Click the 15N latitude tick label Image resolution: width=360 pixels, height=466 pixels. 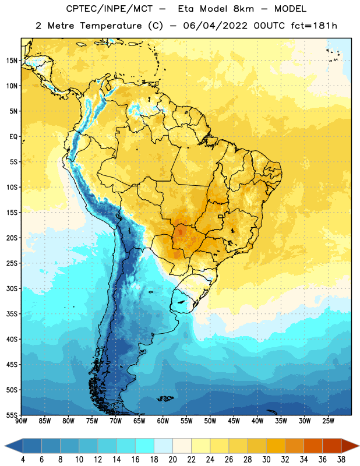[x=12, y=61]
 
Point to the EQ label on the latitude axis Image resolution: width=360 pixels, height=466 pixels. [x=13, y=137]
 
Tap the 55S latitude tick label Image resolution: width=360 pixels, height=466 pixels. [x=12, y=415]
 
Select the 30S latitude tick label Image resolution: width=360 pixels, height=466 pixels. [x=12, y=288]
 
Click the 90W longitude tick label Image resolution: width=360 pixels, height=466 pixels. [x=21, y=421]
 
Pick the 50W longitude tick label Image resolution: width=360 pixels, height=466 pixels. [x=210, y=421]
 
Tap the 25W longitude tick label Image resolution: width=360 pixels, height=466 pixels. [x=328, y=421]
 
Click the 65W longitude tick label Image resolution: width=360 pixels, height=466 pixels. [x=139, y=421]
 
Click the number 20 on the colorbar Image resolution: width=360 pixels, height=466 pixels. [x=172, y=460]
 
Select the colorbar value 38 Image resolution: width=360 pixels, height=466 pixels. [x=341, y=460]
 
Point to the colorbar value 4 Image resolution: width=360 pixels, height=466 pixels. [x=23, y=460]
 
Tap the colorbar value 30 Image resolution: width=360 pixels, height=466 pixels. [x=266, y=460]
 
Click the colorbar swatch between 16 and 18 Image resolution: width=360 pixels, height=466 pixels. [x=144, y=446]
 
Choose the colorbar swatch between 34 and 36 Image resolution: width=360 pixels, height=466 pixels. [x=313, y=446]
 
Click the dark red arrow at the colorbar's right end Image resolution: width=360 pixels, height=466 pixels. [x=350, y=446]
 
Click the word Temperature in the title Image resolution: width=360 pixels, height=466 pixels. [x=111, y=26]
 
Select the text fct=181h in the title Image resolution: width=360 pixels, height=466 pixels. [x=314, y=26]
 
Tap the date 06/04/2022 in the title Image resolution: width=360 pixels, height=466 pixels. [x=215, y=26]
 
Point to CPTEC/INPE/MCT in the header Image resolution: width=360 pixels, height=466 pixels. [x=110, y=9]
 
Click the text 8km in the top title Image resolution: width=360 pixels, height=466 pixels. [x=243, y=9]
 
